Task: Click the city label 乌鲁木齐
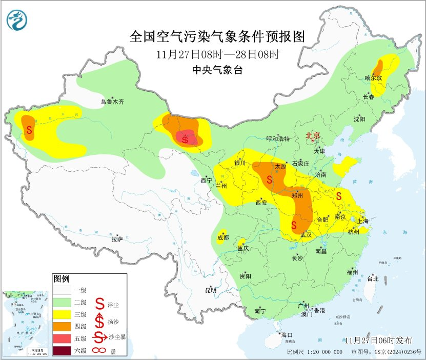tap(112, 102)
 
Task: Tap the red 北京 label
tap(313, 136)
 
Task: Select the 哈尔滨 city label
tap(373, 78)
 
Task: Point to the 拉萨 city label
tap(117, 238)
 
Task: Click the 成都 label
tap(223, 237)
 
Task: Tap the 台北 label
tap(372, 279)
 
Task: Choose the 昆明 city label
tap(211, 290)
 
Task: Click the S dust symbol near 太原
tap(269, 179)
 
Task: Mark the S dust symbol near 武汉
tap(295, 225)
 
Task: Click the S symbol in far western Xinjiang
tap(29, 130)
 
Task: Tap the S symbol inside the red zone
tap(185, 139)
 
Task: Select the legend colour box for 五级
tap(64, 338)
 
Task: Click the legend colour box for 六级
tap(64, 351)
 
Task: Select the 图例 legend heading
tap(61, 278)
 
